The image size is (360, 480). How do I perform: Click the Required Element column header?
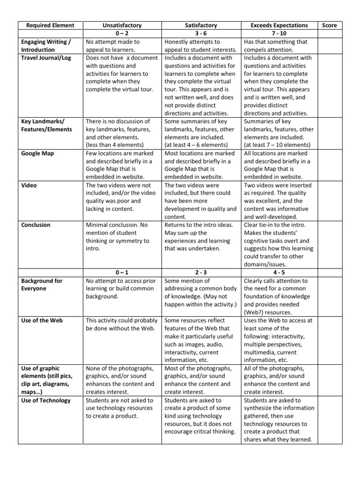pos(47,25)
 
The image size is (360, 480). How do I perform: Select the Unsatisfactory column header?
pos(122,25)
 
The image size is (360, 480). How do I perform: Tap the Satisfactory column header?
pos(201,25)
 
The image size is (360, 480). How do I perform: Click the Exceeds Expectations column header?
pos(279,25)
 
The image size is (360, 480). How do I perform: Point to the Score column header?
pos(330,25)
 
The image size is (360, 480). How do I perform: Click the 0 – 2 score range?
pos(122,33)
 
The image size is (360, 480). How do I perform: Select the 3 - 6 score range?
pos(201,33)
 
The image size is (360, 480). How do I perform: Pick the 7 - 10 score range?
pos(279,33)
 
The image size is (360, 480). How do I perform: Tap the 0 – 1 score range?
pos(122,272)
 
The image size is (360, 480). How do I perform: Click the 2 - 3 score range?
pos(201,272)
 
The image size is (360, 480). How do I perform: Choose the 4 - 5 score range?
pos(279,272)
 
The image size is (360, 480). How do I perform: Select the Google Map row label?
pos(38,153)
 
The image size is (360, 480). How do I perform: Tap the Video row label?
pos(29,185)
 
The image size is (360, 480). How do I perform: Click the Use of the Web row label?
pos(42,320)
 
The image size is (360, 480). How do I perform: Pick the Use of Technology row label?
pos(46,400)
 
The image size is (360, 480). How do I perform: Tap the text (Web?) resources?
pos(269,312)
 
